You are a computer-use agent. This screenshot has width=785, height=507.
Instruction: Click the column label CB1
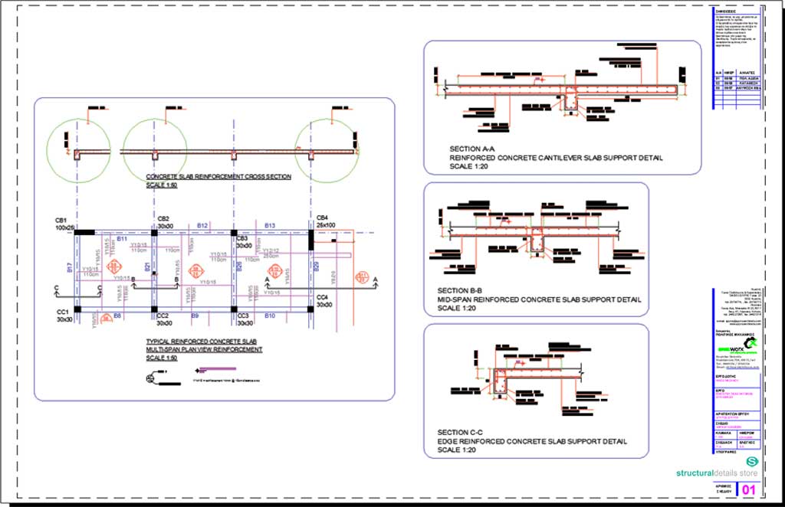61,218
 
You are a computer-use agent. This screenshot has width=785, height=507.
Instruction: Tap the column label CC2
163,316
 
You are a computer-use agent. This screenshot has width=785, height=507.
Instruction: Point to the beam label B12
202,226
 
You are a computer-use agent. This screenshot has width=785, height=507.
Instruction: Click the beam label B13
270,226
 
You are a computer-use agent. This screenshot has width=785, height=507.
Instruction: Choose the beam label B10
270,316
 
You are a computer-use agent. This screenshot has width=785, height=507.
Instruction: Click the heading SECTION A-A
472,149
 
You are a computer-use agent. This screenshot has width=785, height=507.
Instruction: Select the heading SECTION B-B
459,290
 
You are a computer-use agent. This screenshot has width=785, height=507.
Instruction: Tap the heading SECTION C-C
459,433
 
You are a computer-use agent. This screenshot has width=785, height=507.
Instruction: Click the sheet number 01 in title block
748,489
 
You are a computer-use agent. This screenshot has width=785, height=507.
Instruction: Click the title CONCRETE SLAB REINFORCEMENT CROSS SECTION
218,177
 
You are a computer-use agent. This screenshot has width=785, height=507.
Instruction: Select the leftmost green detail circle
78,151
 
